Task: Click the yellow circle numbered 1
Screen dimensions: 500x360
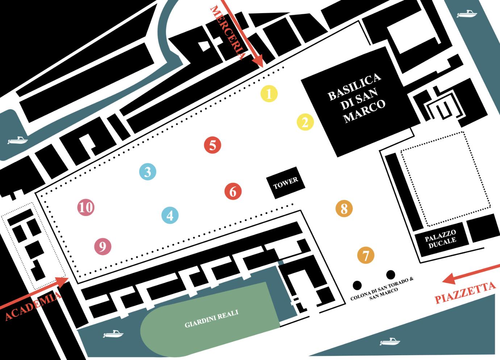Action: coord(269,93)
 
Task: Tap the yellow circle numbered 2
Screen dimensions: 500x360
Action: coord(305,122)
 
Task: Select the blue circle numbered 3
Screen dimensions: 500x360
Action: coord(147,172)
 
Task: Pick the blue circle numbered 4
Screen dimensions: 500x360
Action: coord(170,215)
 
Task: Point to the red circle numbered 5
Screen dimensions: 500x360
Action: coord(213,145)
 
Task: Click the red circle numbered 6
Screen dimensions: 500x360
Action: coord(233,191)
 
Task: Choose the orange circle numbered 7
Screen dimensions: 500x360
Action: coord(366,255)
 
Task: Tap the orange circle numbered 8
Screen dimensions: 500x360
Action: coord(344,208)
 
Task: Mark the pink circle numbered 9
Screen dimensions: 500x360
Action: coord(103,247)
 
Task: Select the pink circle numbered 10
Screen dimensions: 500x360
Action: coord(86,208)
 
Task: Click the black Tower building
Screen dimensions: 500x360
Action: coord(286,183)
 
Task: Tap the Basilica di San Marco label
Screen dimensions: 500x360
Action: coord(357,97)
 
